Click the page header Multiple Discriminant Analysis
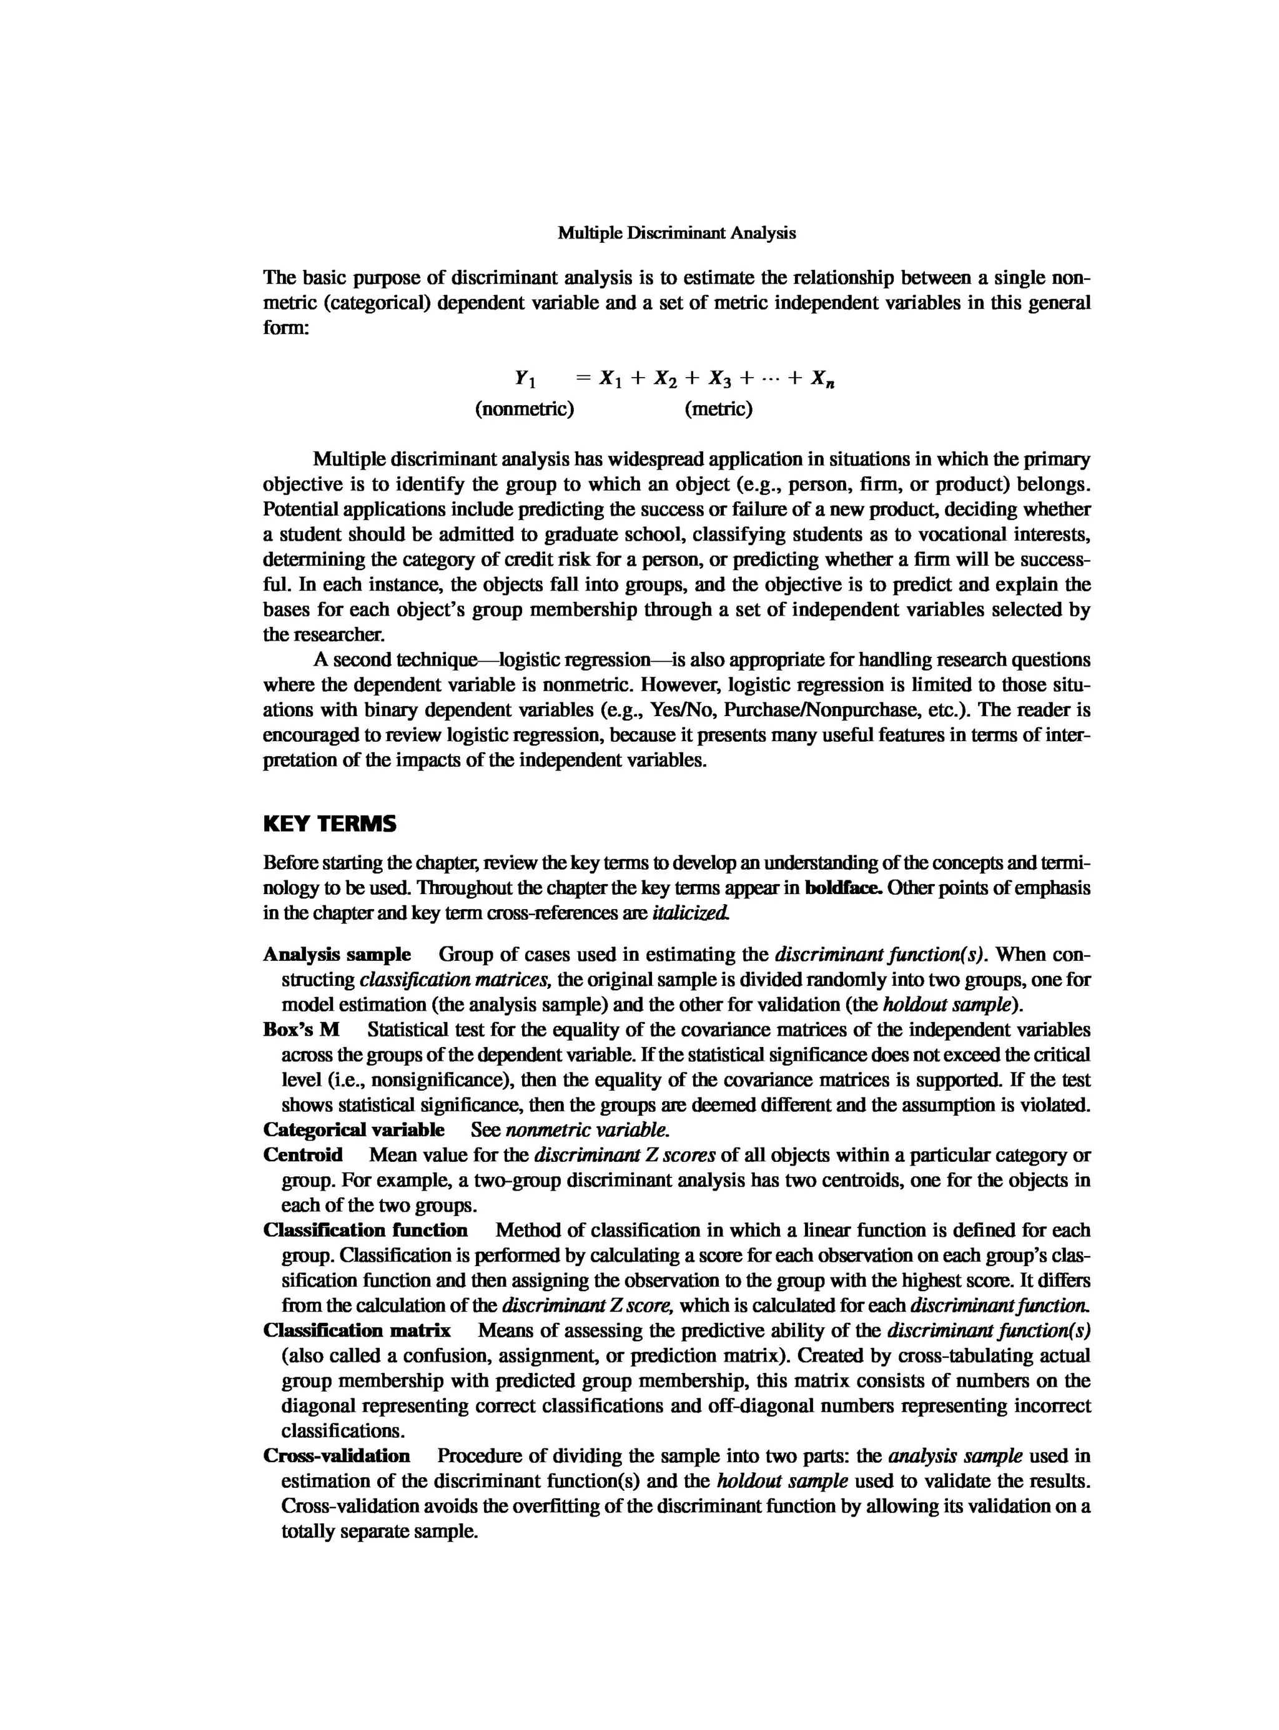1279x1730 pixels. tap(677, 233)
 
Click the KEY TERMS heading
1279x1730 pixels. tap(330, 824)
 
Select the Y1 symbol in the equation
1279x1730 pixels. tap(525, 378)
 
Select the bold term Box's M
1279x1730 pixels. tap(302, 1030)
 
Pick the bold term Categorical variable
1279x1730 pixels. tap(354, 1130)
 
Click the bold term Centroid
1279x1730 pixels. tap(303, 1156)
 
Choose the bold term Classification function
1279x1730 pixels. tap(365, 1231)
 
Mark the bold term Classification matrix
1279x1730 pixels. tap(357, 1330)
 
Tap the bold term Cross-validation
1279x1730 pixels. tap(337, 1456)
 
